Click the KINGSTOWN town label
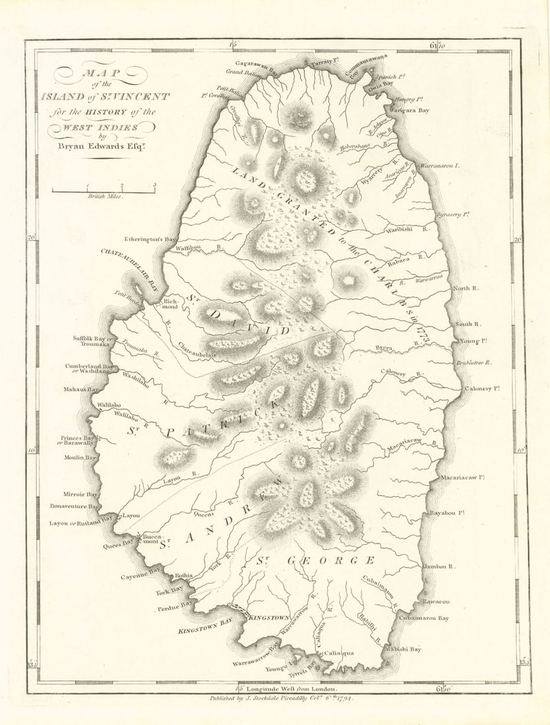[x=269, y=617]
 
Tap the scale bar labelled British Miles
[x=103, y=191]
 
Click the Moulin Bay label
[x=80, y=457]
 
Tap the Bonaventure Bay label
[x=74, y=506]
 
